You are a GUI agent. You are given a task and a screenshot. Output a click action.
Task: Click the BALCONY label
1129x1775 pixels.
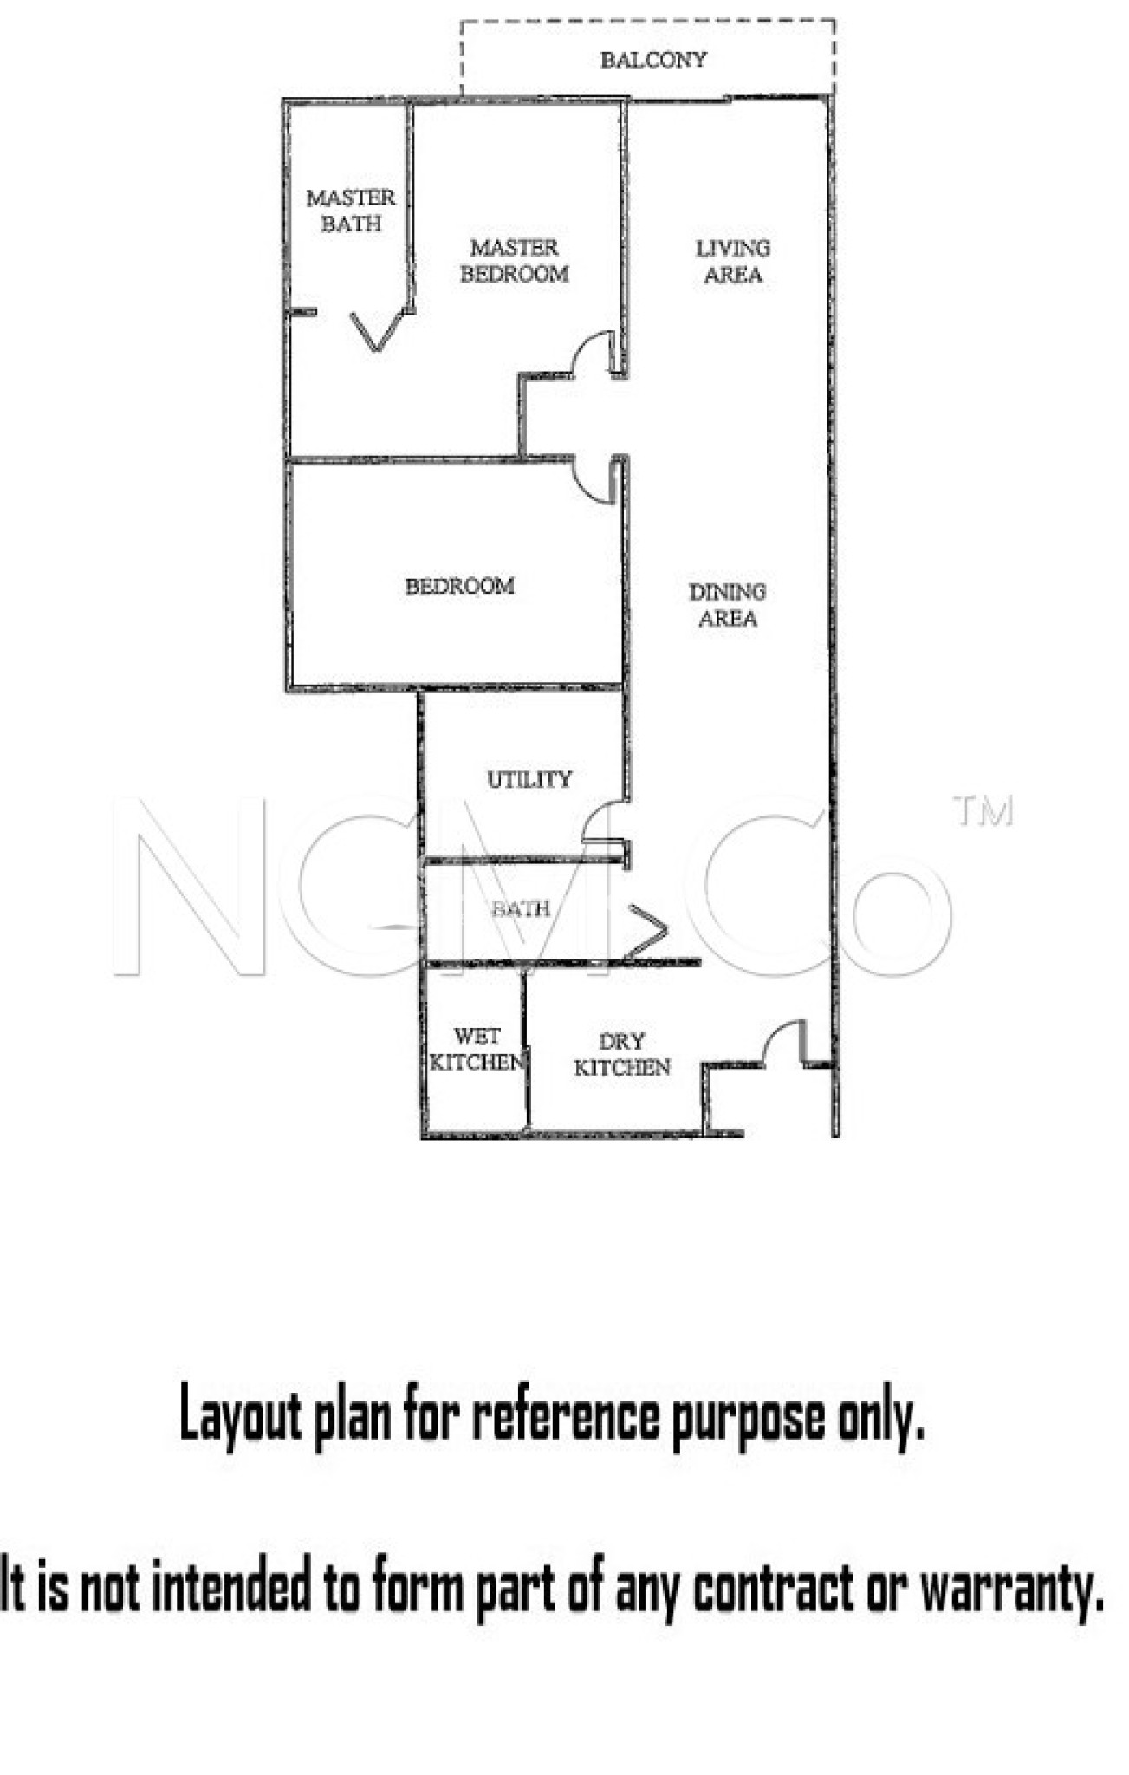click(653, 60)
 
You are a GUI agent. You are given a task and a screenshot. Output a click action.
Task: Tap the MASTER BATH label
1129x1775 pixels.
click(351, 211)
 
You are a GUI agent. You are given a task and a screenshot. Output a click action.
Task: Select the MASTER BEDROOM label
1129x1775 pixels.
click(515, 261)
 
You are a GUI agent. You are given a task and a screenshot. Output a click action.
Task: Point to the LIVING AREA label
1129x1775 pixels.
click(732, 261)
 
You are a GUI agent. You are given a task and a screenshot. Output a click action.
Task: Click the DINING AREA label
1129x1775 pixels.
click(727, 605)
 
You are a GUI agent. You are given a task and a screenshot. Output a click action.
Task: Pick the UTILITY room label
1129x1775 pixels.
click(529, 779)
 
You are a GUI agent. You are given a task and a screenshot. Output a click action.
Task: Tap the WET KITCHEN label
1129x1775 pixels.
click(477, 1049)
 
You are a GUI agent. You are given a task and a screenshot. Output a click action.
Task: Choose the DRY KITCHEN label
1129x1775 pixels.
click(622, 1054)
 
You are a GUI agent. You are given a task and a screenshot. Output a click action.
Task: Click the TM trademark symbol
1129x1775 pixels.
click(983, 811)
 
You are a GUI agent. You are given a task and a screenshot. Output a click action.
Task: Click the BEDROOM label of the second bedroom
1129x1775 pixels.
click(459, 586)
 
